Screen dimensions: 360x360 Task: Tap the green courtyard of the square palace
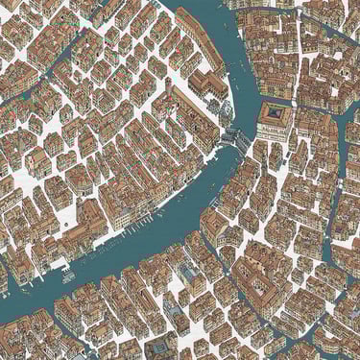pos(275,114)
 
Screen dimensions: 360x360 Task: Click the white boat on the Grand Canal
pos(68,276)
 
